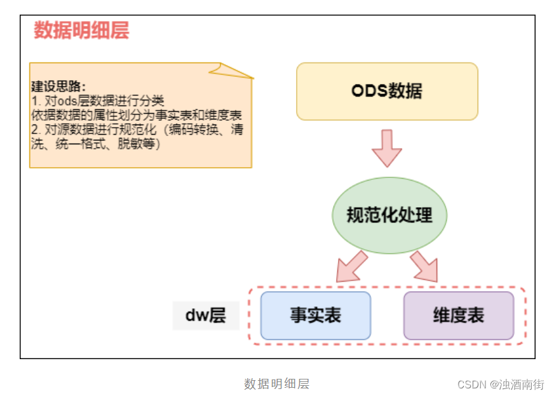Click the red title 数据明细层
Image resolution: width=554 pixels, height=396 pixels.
pyautogui.click(x=81, y=31)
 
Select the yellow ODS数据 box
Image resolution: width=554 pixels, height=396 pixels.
pyautogui.click(x=387, y=91)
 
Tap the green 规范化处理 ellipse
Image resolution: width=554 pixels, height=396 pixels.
pyautogui.click(x=389, y=215)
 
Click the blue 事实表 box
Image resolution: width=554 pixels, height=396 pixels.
pyautogui.click(x=315, y=315)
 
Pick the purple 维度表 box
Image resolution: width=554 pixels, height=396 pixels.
pyautogui.click(x=459, y=315)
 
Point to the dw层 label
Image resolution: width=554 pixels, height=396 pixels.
pyautogui.click(x=205, y=315)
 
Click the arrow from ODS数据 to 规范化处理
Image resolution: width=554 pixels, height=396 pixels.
pyautogui.click(x=387, y=148)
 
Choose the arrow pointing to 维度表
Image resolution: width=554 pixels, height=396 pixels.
pyautogui.click(x=424, y=266)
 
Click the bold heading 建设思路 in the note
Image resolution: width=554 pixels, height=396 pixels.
pyautogui.click(x=58, y=87)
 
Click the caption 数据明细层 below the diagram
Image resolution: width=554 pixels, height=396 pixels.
pyautogui.click(x=276, y=384)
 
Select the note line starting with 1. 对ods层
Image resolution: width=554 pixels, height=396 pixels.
pyautogui.click(x=98, y=101)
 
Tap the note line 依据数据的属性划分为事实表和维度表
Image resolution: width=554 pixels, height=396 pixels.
pyautogui.click(x=137, y=115)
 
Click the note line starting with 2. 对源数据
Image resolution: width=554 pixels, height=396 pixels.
pyautogui.click(x=137, y=130)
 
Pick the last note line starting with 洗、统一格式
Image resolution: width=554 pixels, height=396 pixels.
pyautogui.click(x=96, y=144)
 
